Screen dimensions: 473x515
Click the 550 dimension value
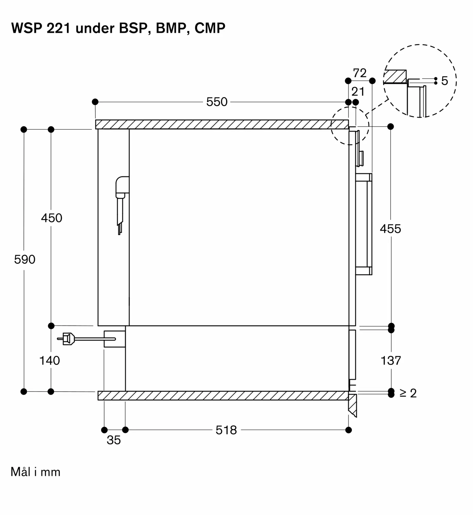coord(217,102)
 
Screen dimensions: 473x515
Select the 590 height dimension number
coord(25,259)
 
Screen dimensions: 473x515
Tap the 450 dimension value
coord(52,218)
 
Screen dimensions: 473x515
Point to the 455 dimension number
coord(391,229)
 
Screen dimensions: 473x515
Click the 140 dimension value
coord(49,360)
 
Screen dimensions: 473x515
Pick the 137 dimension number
coord(391,360)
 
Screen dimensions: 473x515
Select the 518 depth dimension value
coord(226,430)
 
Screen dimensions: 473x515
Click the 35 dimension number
coord(114,440)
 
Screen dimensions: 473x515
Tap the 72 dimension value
coord(360,73)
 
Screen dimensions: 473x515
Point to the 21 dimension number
coord(358,92)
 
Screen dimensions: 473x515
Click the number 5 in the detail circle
coord(444,81)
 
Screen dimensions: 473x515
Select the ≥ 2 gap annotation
coord(408,393)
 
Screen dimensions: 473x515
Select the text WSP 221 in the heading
coord(41,28)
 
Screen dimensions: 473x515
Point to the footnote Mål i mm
coord(36,472)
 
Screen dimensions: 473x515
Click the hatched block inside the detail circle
coord(395,76)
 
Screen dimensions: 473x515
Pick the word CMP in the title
coord(210,28)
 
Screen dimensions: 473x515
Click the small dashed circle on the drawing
coord(350,126)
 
